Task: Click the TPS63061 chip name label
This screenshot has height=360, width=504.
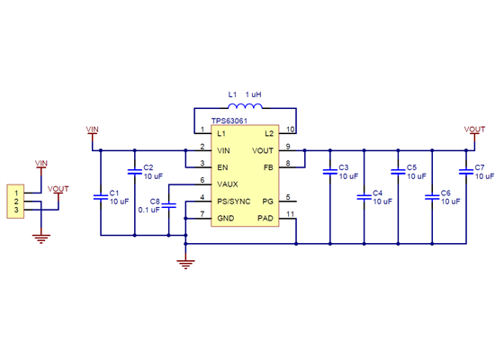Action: (x=229, y=120)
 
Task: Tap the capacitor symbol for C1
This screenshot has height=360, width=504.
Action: (x=100, y=195)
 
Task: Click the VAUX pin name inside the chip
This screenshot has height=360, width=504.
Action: (x=229, y=184)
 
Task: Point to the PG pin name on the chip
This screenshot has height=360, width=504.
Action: (x=267, y=201)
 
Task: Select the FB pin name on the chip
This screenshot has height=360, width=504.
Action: (x=267, y=166)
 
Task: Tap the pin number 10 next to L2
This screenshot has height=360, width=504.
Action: (x=290, y=130)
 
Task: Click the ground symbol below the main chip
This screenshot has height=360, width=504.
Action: (x=185, y=263)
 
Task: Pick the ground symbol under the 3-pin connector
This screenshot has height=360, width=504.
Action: (x=40, y=238)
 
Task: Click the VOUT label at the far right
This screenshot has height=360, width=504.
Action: (x=474, y=130)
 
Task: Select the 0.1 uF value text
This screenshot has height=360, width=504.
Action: (x=148, y=209)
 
